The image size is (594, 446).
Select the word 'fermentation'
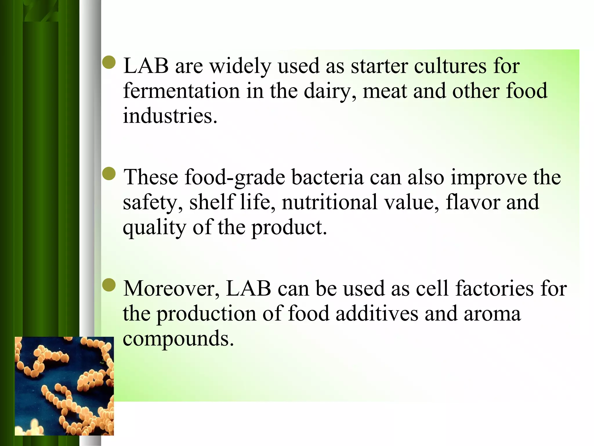[181, 91]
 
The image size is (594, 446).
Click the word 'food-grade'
[235, 178]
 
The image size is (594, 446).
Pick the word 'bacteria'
[327, 177]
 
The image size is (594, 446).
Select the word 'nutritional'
[329, 202]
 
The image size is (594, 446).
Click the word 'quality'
[154, 228]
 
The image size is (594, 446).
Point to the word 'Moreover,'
[171, 289]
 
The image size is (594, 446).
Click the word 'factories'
[494, 289]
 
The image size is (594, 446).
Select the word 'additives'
[377, 314]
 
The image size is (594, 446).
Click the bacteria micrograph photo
[64, 386]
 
